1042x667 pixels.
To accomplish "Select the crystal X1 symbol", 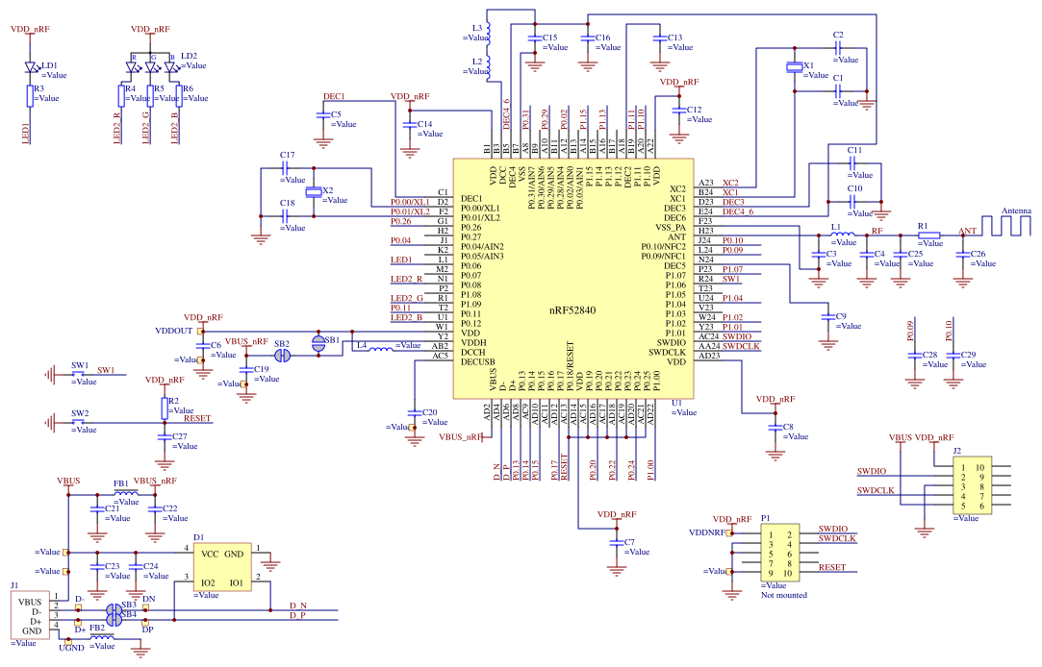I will (x=794, y=67).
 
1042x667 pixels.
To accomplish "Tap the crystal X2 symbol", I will (x=313, y=192).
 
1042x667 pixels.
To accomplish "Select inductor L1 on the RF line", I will (x=842, y=235).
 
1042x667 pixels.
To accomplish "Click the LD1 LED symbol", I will (x=30, y=67).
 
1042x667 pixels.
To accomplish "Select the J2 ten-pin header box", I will (x=971, y=486).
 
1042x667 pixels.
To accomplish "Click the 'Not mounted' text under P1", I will (x=784, y=596).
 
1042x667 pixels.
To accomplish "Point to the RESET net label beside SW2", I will (x=196, y=419).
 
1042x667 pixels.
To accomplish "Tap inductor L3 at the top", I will (x=488, y=35).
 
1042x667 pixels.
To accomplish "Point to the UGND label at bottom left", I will (x=71, y=649).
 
